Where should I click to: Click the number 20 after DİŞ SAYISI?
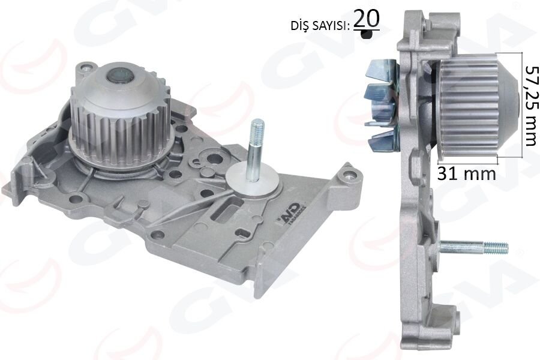(366, 20)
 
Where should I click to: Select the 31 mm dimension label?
(467, 173)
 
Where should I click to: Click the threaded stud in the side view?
(477, 247)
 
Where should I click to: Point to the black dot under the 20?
(366, 36)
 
